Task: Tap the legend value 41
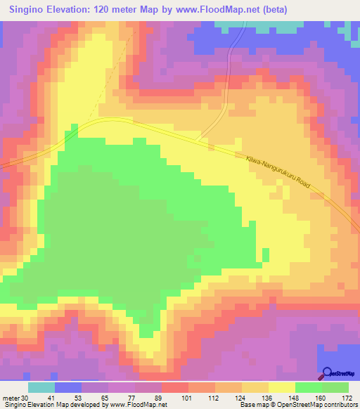(x=41, y=397)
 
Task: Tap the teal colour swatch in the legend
(x=41, y=387)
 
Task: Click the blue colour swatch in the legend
(x=67, y=387)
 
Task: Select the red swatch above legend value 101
(x=174, y=387)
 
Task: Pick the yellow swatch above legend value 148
(x=282, y=387)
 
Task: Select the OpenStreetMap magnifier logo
(x=327, y=372)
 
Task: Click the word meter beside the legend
(x=12, y=397)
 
